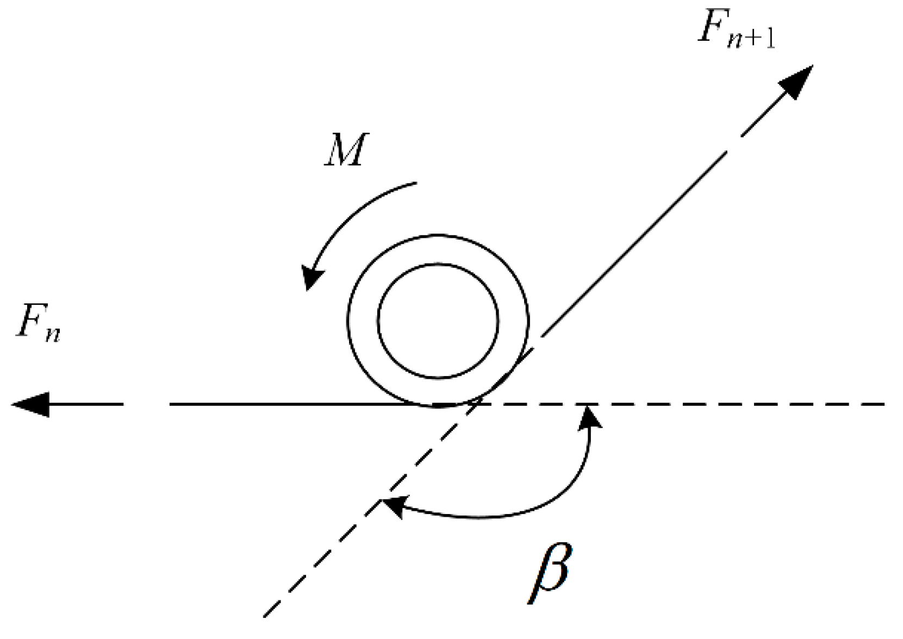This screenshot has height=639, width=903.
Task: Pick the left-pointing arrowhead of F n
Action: click(32, 404)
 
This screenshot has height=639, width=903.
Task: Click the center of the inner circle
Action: click(438, 321)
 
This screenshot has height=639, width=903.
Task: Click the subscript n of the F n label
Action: click(52, 334)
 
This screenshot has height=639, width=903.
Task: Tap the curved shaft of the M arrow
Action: click(353, 212)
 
